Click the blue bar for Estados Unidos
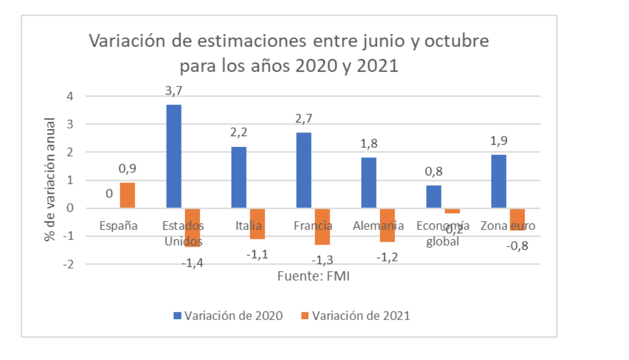(174, 156)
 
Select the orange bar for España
(127, 195)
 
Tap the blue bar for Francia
(304, 170)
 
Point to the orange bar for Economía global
(452, 211)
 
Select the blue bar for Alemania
(369, 183)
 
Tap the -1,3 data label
(322, 259)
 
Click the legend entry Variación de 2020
(228, 316)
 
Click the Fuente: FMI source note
(313, 277)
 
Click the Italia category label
(248, 226)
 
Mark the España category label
(118, 226)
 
